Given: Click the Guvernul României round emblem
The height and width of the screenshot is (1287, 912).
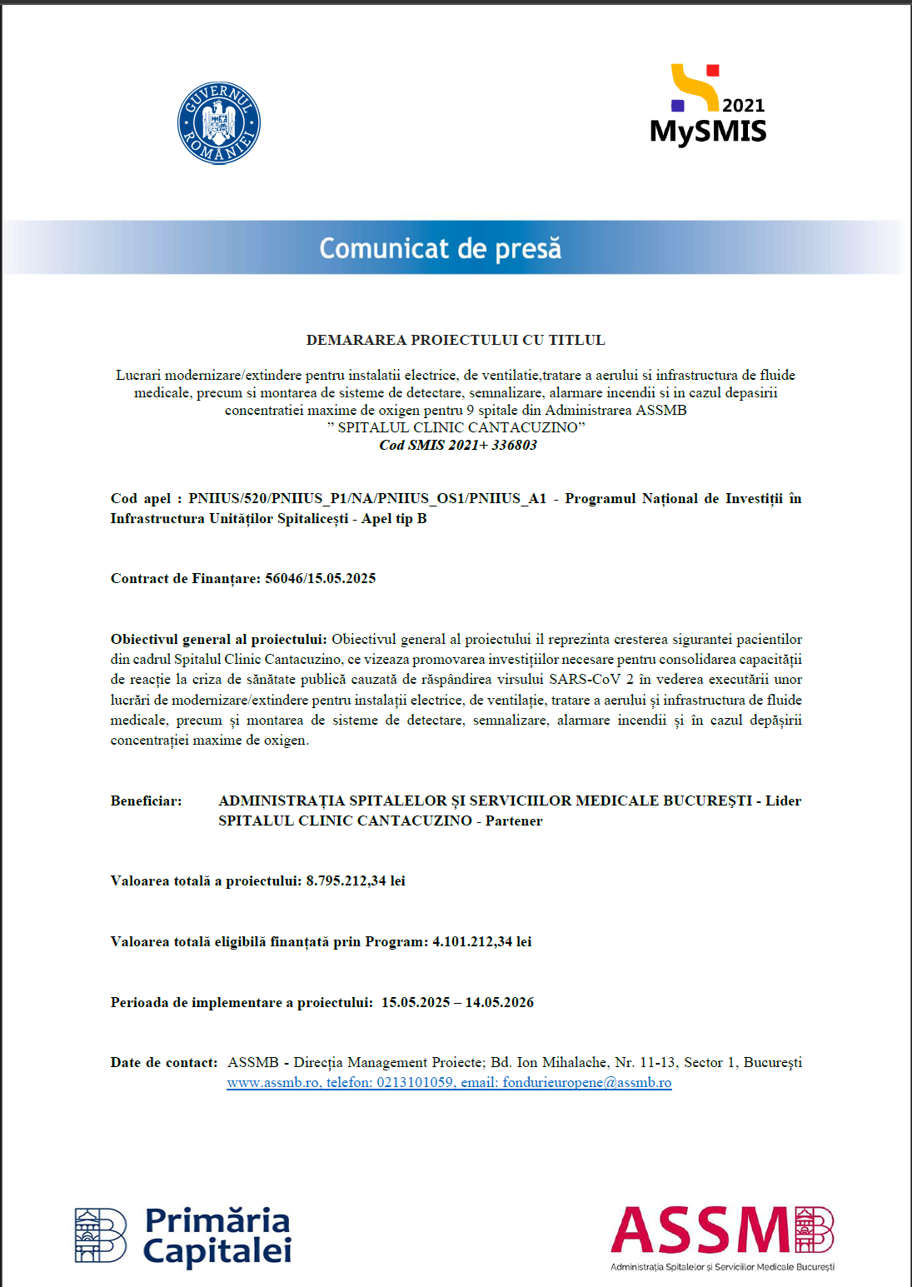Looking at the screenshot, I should pos(219,123).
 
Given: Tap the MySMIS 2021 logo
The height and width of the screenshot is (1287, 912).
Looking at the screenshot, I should pos(708,107).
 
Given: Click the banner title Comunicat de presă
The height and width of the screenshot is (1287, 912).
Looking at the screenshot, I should pos(440,248).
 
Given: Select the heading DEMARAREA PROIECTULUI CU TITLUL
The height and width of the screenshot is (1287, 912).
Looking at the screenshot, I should pos(456,340).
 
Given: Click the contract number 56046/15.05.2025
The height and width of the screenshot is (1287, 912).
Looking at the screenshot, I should pos(320,578).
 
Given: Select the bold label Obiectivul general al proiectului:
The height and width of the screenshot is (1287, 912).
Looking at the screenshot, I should pos(218,639).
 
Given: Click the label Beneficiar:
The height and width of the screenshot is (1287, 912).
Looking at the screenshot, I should pos(146,801).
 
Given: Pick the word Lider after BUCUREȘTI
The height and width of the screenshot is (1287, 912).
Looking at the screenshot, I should pos(783,801).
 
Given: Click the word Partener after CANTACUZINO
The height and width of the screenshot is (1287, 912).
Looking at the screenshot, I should pos(514,821).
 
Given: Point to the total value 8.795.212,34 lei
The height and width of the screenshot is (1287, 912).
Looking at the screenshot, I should pos(356,880).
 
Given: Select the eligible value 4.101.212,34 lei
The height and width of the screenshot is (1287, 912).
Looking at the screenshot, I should pos(481,941).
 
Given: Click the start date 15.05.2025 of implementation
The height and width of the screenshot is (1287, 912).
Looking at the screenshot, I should pos(416,1002).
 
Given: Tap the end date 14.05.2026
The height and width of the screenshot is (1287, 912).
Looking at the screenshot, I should pos(500,1002).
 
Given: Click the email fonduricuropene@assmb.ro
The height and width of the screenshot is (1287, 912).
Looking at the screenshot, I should pos(587,1083).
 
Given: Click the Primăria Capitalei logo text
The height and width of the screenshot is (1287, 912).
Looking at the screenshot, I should pos(217,1236).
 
